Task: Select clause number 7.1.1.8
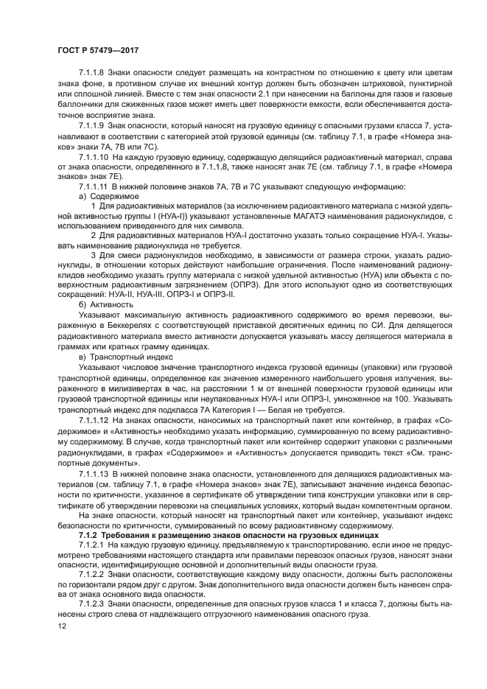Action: click(92, 72)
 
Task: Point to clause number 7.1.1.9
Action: click(92, 127)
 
